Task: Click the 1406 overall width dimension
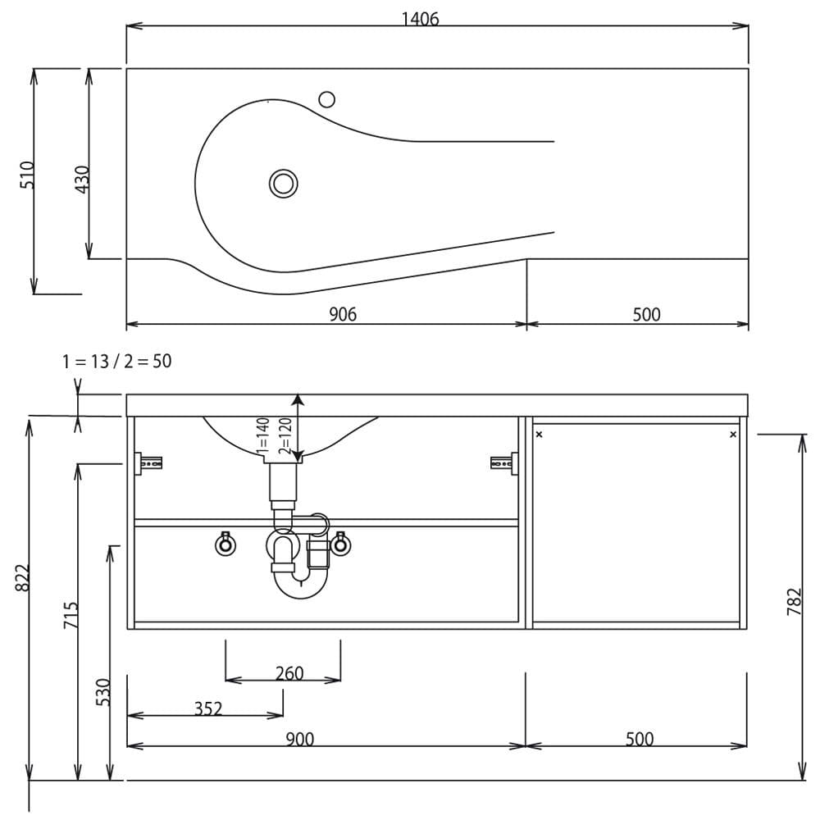point(420,20)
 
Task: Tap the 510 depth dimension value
point(27,175)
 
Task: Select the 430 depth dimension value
point(83,180)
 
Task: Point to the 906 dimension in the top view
point(343,314)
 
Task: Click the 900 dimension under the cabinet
point(299,739)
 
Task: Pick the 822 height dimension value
point(22,578)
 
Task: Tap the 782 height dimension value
point(795,602)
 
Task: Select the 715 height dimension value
point(71,615)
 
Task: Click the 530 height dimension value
point(103,692)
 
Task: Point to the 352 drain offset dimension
point(208,708)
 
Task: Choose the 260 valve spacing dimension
point(289,673)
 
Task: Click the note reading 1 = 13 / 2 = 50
point(116,362)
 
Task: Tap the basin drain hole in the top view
point(284,184)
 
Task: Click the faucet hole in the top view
point(327,99)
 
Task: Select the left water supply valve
point(225,544)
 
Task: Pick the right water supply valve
point(340,544)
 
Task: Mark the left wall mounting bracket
point(148,463)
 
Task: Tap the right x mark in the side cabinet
point(733,435)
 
